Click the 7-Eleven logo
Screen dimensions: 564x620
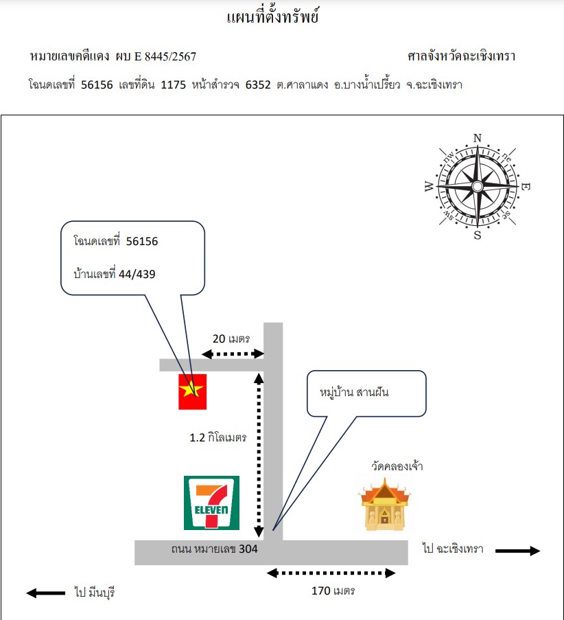(211, 503)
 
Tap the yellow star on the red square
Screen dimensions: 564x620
(191, 389)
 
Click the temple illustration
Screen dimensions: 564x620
(384, 504)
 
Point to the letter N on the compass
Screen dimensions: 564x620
(478, 138)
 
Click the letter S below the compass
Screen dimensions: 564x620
(478, 236)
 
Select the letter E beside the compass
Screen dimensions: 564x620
(526, 186)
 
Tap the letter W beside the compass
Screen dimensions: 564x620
(430, 186)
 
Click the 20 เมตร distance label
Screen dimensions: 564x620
(231, 339)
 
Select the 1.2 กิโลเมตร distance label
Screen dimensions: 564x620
(218, 437)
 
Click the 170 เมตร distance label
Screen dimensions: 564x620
(333, 590)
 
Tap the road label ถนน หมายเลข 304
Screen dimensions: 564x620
(214, 549)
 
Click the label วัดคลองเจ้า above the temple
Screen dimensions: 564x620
(397, 466)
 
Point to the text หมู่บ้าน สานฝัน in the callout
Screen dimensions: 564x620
(354, 392)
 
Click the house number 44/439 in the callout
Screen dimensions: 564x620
(137, 274)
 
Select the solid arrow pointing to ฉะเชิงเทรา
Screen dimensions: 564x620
(517, 551)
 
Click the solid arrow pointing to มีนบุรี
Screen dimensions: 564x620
(46, 593)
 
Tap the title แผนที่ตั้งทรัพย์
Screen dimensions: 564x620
(272, 16)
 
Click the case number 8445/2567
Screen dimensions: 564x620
(170, 56)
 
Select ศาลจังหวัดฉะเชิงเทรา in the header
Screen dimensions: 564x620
(461, 56)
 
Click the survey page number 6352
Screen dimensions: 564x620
(258, 84)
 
